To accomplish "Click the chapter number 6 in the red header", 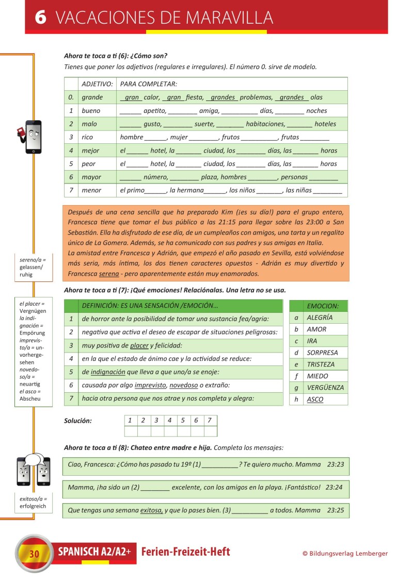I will [x=41, y=18].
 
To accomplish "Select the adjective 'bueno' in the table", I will [x=91, y=111].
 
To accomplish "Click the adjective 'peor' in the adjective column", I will [x=89, y=164].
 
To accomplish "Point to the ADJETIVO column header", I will [x=97, y=84].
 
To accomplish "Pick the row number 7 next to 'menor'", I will [x=71, y=190].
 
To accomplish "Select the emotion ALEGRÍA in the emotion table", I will [x=320, y=318].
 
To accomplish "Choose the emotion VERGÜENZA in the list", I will [x=325, y=388].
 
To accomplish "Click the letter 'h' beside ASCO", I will [x=296, y=399].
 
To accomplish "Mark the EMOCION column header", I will [x=323, y=306].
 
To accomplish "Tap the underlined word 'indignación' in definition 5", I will [x=107, y=372].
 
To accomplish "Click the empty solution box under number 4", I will [x=170, y=431].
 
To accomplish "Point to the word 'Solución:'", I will [x=78, y=421].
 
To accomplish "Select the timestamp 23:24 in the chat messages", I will [x=335, y=487].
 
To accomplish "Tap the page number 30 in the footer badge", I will [x=34, y=554].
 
